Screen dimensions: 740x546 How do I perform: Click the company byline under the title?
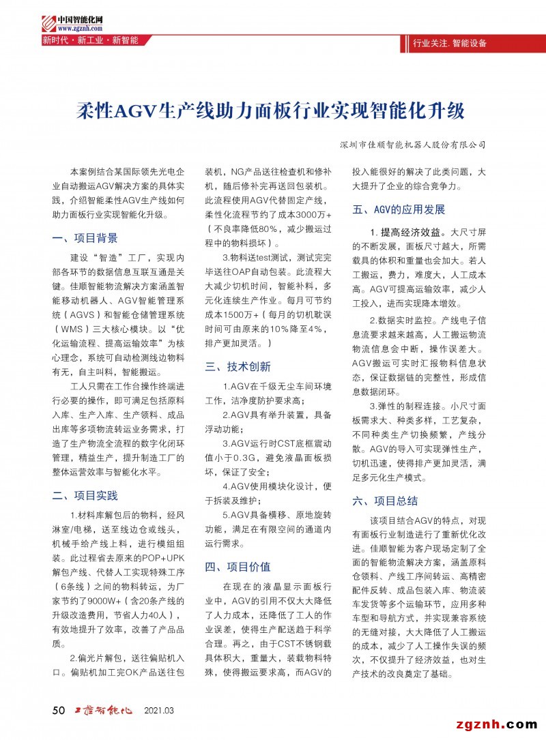(412, 145)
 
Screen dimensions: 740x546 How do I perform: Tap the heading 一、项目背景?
(85, 238)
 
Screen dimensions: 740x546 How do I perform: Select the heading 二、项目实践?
(85, 495)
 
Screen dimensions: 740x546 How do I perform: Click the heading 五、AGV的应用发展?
(399, 209)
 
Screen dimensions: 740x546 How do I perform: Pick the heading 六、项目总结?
(385, 501)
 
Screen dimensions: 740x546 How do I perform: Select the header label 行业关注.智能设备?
(450, 43)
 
